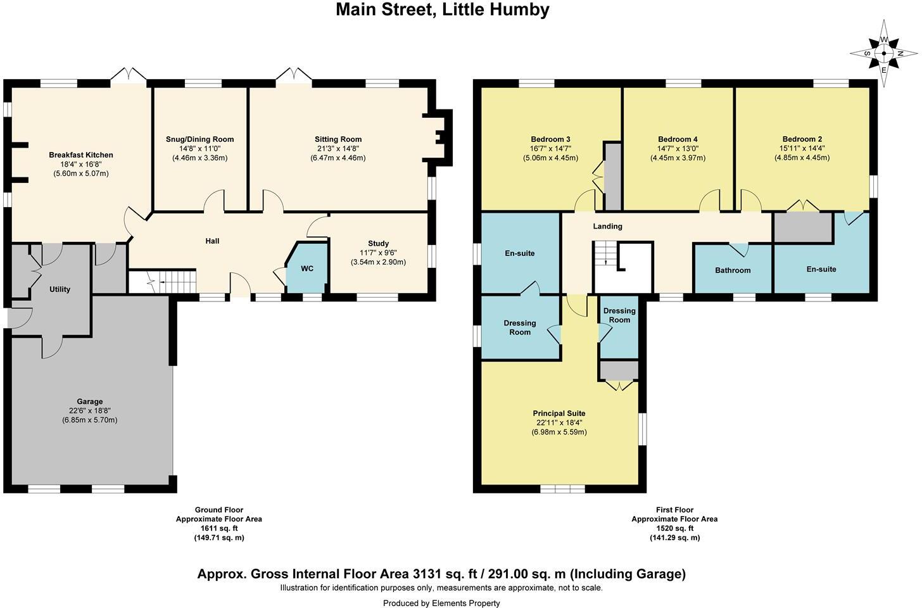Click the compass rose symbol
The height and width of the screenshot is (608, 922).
[x=883, y=54]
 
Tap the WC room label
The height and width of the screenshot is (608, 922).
[x=307, y=269]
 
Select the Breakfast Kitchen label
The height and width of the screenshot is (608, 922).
[x=81, y=155]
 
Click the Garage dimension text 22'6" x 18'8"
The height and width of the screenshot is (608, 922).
[x=89, y=410]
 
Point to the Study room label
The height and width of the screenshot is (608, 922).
[x=378, y=243]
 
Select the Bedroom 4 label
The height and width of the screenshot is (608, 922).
[x=678, y=139]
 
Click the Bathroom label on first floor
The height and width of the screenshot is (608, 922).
[x=733, y=270]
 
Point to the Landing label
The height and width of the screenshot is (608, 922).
[x=607, y=226]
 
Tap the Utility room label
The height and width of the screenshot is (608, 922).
[x=60, y=289]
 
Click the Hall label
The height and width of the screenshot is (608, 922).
[x=212, y=241]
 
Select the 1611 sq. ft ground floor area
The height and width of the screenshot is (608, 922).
[x=218, y=528]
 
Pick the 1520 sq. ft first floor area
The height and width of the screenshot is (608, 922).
[x=674, y=528]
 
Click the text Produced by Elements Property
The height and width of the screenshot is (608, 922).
[x=441, y=603]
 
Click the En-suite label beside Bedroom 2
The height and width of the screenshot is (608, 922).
[x=821, y=269]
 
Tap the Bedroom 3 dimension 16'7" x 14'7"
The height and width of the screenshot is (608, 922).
[x=550, y=149]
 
